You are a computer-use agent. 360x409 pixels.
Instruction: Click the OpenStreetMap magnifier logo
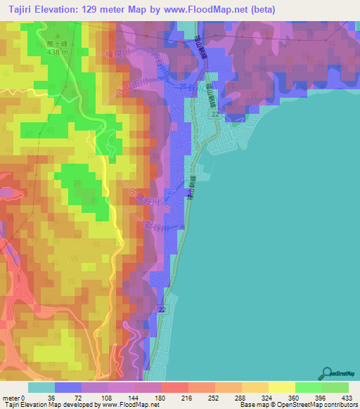[328, 372]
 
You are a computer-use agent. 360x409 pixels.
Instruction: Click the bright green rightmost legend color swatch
[335, 387]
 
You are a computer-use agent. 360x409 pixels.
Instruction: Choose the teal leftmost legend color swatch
[41, 387]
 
